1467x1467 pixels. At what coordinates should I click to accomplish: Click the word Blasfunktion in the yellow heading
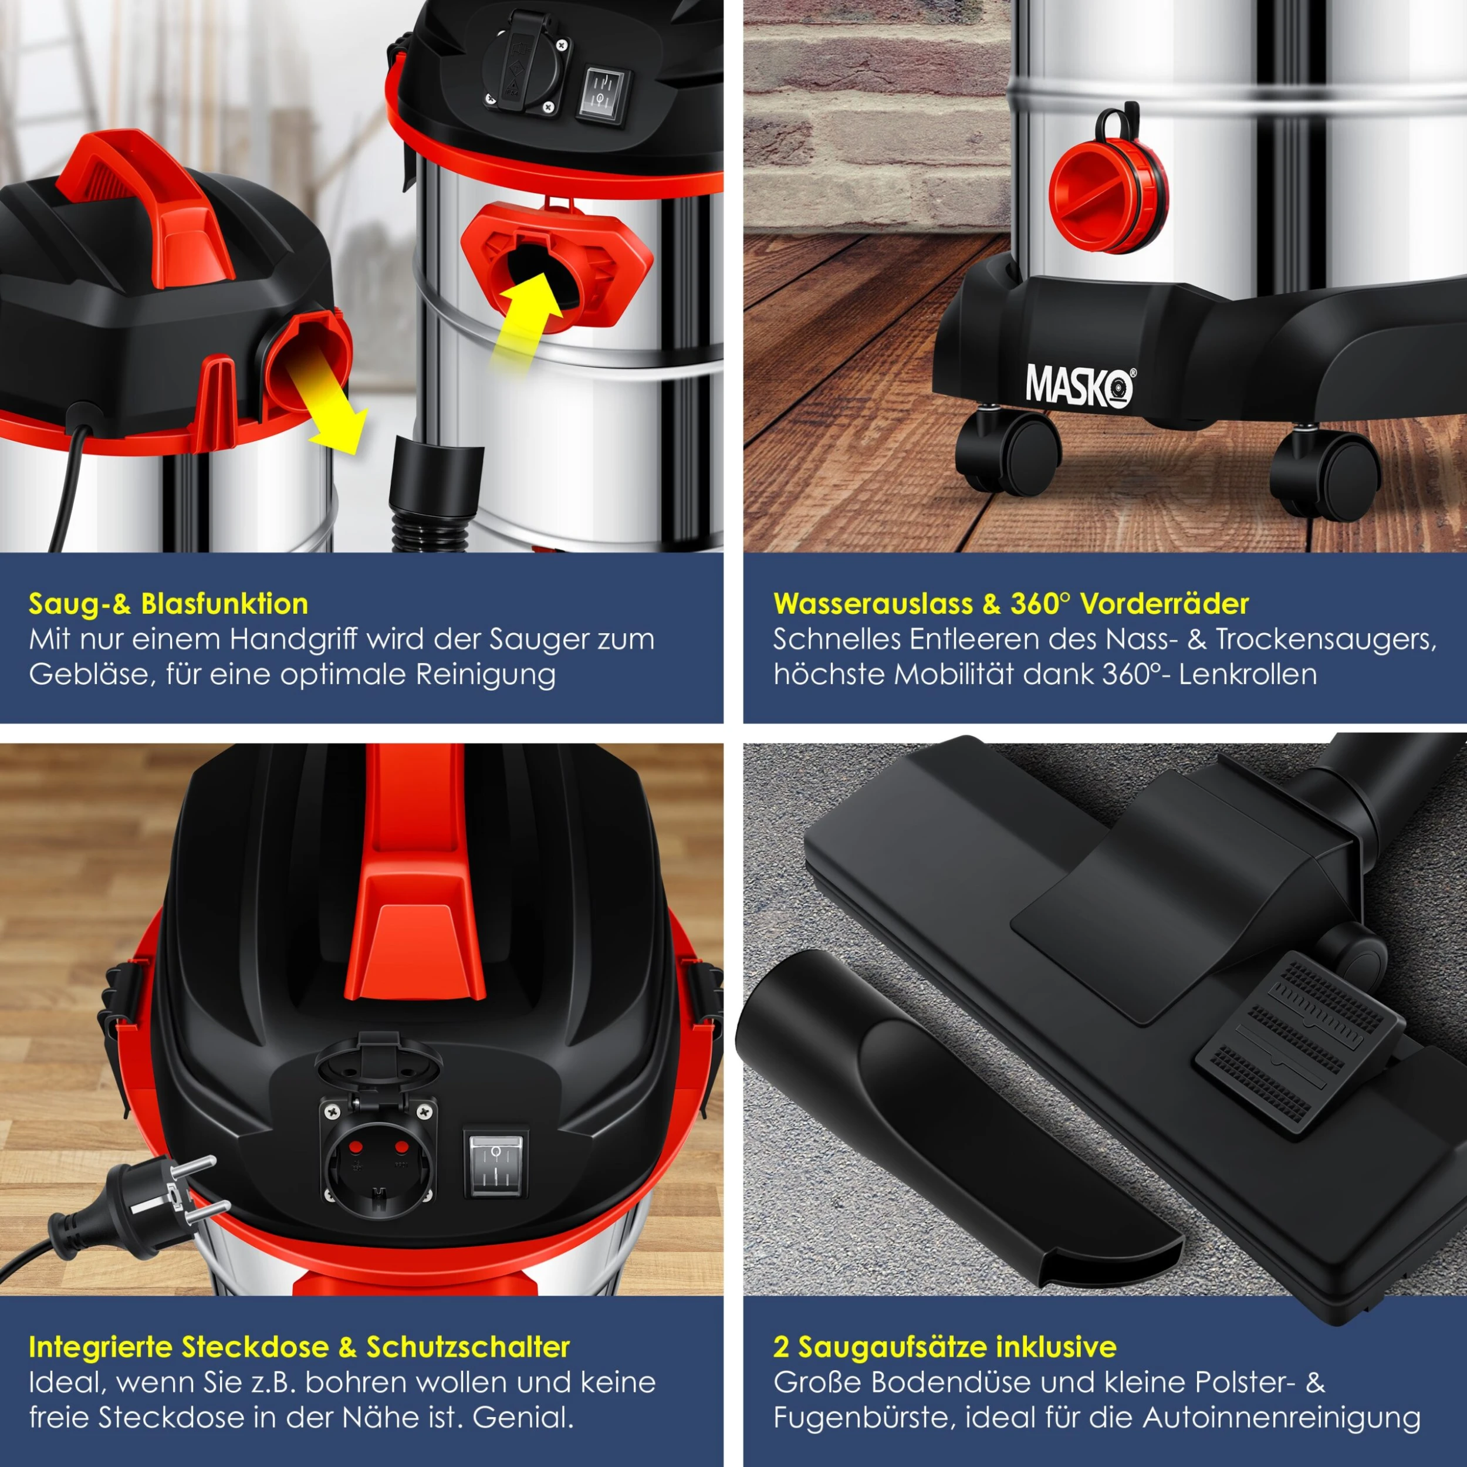pos(225,604)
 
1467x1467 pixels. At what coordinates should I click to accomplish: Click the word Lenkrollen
pos(1248,674)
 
